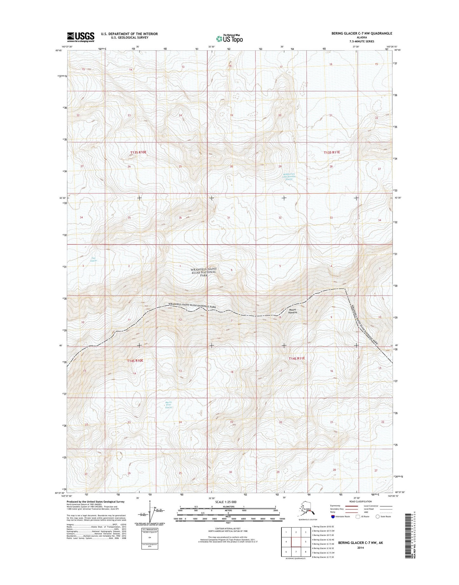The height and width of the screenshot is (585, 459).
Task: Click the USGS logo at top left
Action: click(x=80, y=37)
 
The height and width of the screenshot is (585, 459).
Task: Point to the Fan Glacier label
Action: click(x=93, y=259)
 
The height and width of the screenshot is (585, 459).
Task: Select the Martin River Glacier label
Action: click(x=169, y=405)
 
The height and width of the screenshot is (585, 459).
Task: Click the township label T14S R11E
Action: click(x=296, y=358)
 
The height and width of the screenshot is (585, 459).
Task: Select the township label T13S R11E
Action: click(x=332, y=152)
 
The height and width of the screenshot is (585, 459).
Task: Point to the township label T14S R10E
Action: click(x=135, y=361)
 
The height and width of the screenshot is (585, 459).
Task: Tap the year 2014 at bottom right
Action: click(x=360, y=548)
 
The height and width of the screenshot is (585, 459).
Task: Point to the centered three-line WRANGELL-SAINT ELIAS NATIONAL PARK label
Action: click(x=203, y=272)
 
